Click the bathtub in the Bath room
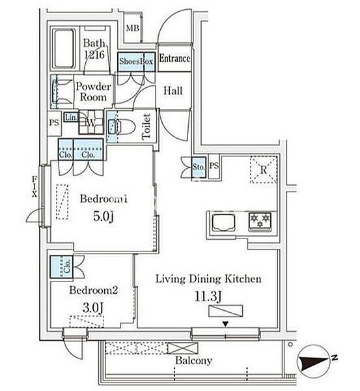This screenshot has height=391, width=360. pyautogui.click(x=64, y=49)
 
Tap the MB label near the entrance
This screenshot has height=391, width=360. pyautogui.click(x=133, y=28)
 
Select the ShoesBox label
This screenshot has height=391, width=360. pyautogui.click(x=136, y=61)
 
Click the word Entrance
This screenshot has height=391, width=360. pyautogui.click(x=174, y=59)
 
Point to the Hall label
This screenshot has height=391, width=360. pyautogui.click(x=173, y=91)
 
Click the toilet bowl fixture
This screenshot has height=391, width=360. pyautogui.click(x=122, y=126)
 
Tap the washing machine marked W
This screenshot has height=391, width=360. pyautogui.click(x=91, y=123)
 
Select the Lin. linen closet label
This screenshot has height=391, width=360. pyautogui.click(x=71, y=117)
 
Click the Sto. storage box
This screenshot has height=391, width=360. pyautogui.click(x=199, y=167)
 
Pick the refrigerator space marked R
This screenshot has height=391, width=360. pyautogui.click(x=264, y=170)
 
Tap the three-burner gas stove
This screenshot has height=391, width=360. pyautogui.click(x=260, y=221)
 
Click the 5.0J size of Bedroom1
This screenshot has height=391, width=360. pyautogui.click(x=104, y=216)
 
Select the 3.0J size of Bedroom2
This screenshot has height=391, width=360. pyautogui.click(x=92, y=308)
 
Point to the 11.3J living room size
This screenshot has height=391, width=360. pyautogui.click(x=208, y=297)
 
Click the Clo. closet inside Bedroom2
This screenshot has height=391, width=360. pyautogui.click(x=61, y=267)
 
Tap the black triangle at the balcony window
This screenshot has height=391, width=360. pyautogui.click(x=225, y=324)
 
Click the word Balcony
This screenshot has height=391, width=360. pyautogui.click(x=193, y=360)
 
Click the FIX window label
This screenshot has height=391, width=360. pyautogui.click(x=35, y=186)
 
